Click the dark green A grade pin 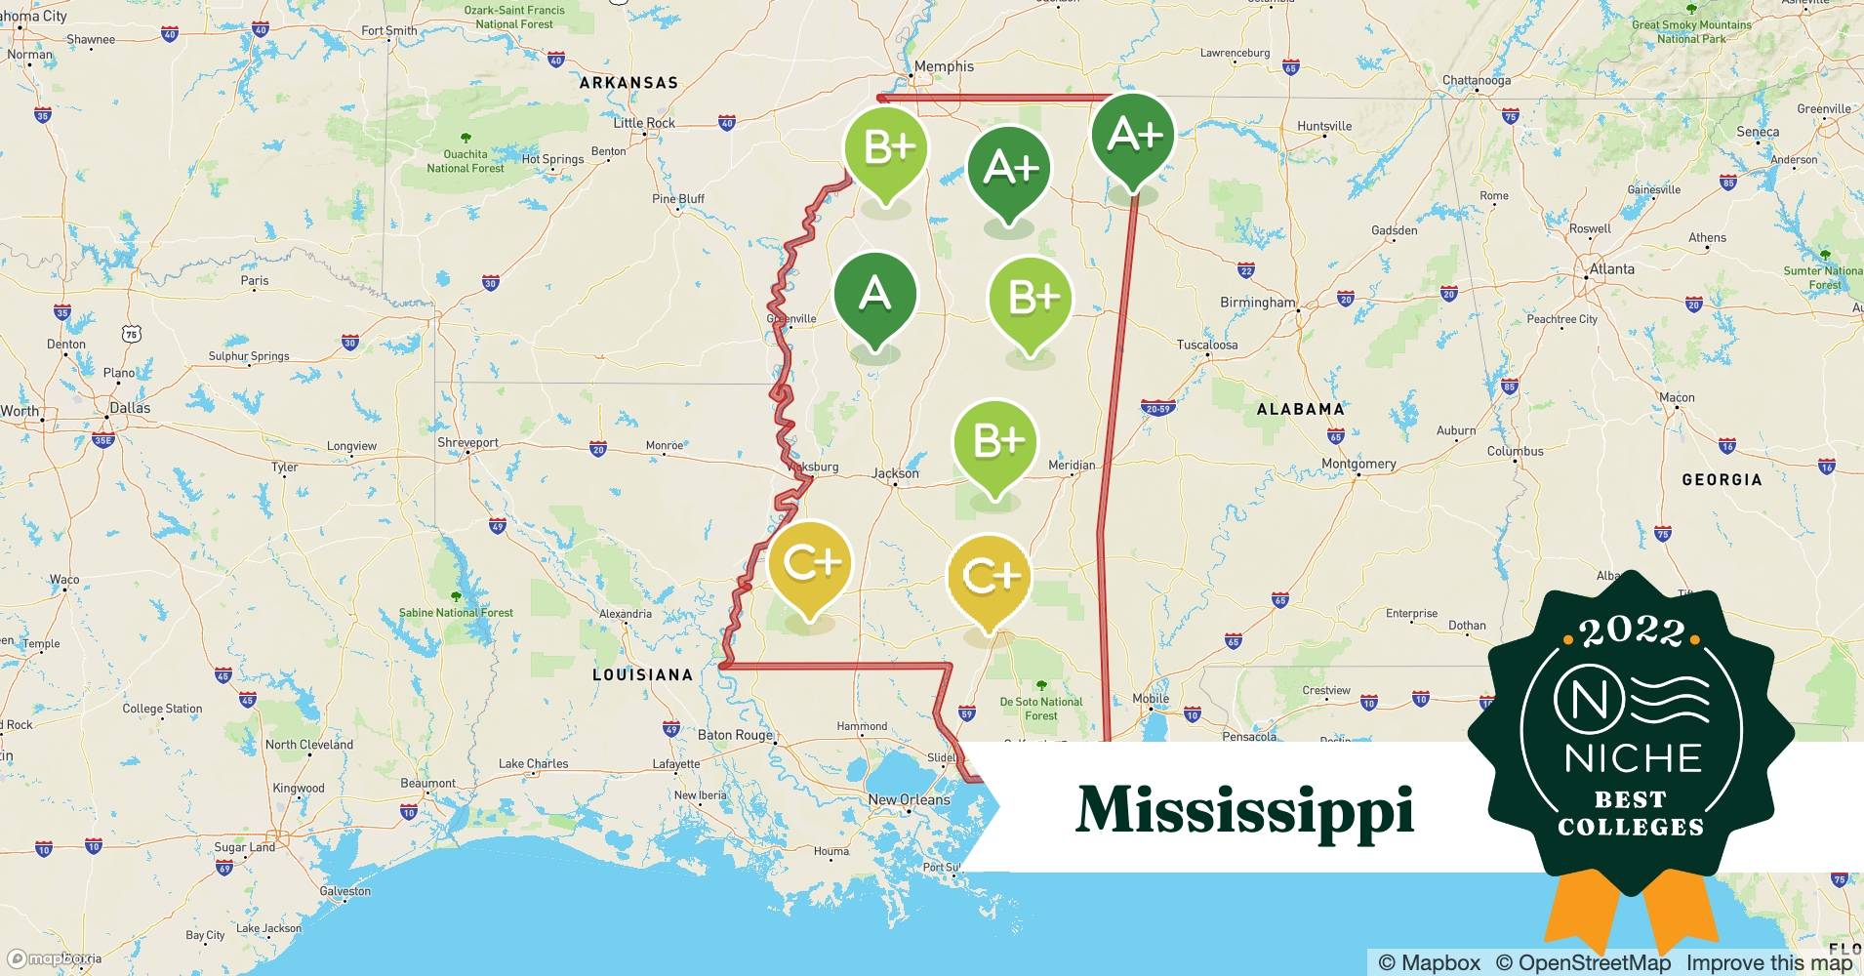pos(875,295)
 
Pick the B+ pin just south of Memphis pos(886,148)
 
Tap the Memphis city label pos(944,66)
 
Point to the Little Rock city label pos(644,123)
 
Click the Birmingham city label pos(1257,303)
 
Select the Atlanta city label pos(1611,269)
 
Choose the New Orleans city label pos(909,799)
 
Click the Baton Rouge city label pos(735,735)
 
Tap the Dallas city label pos(130,408)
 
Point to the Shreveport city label pos(467,443)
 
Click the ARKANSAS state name pos(628,83)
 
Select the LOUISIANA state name pos(642,674)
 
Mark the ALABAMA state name pos(1300,409)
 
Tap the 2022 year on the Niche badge pos(1633,632)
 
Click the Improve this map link pos(1768,963)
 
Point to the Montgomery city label pos(1358,464)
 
